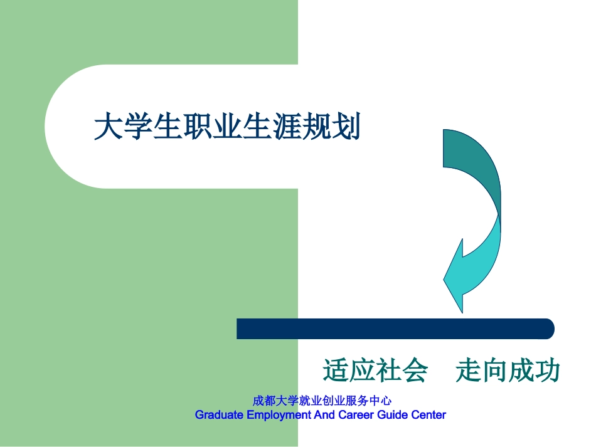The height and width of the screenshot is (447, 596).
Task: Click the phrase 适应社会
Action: pos(375,371)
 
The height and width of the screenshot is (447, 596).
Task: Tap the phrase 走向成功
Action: pos(508,371)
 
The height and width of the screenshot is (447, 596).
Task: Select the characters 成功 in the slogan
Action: pos(534,371)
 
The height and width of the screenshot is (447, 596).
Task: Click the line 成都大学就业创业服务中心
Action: pos(322,401)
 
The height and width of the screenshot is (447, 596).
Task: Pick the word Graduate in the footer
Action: pos(218,415)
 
